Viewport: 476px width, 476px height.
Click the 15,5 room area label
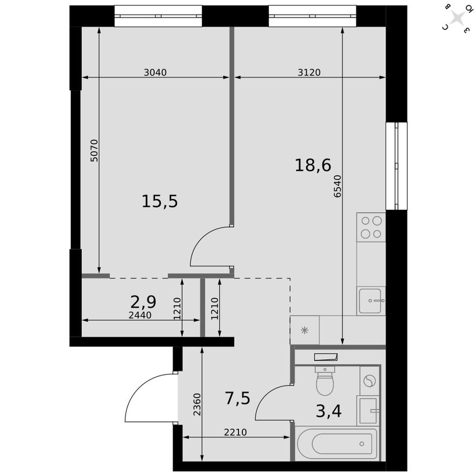[x=160, y=201]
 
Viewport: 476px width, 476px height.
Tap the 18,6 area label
[x=313, y=164]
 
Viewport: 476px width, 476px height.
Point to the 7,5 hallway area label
[x=237, y=398]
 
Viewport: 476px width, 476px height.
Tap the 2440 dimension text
[x=140, y=315]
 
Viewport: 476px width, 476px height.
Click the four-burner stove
[x=371, y=227]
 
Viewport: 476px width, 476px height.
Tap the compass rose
[x=457, y=18]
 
